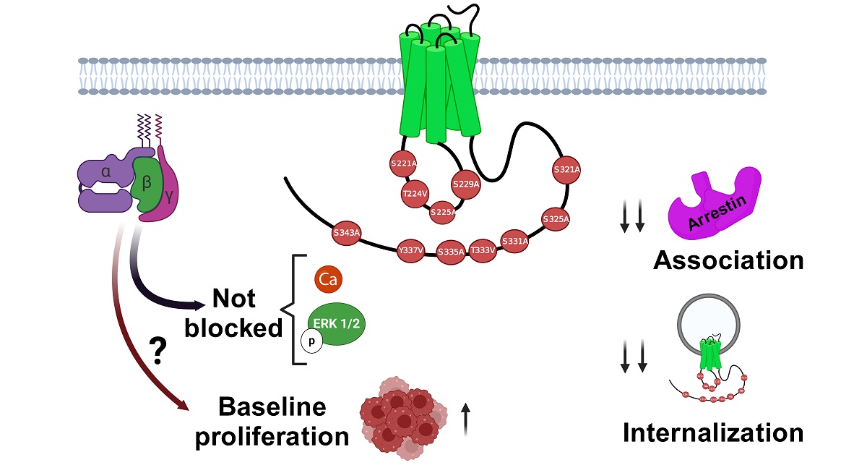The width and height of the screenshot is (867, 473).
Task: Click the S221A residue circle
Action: pyautogui.click(x=404, y=164)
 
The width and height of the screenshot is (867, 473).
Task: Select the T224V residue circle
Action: pyautogui.click(x=415, y=194)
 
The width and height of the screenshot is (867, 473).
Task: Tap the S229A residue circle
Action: pyautogui.click(x=466, y=184)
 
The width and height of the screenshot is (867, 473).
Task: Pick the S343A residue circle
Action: pyautogui.click(x=347, y=234)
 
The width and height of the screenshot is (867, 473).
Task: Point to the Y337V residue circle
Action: pyautogui.click(x=410, y=250)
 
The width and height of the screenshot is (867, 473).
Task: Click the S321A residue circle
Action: pyautogui.click(x=567, y=170)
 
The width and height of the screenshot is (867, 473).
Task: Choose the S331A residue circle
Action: pyautogui.click(x=515, y=241)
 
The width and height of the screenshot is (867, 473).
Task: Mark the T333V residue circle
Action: pyautogui.click(x=483, y=250)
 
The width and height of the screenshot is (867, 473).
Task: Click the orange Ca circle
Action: pyautogui.click(x=329, y=279)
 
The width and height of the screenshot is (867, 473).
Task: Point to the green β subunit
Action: pyautogui.click(x=147, y=185)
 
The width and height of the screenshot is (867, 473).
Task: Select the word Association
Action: pyautogui.click(x=728, y=260)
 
